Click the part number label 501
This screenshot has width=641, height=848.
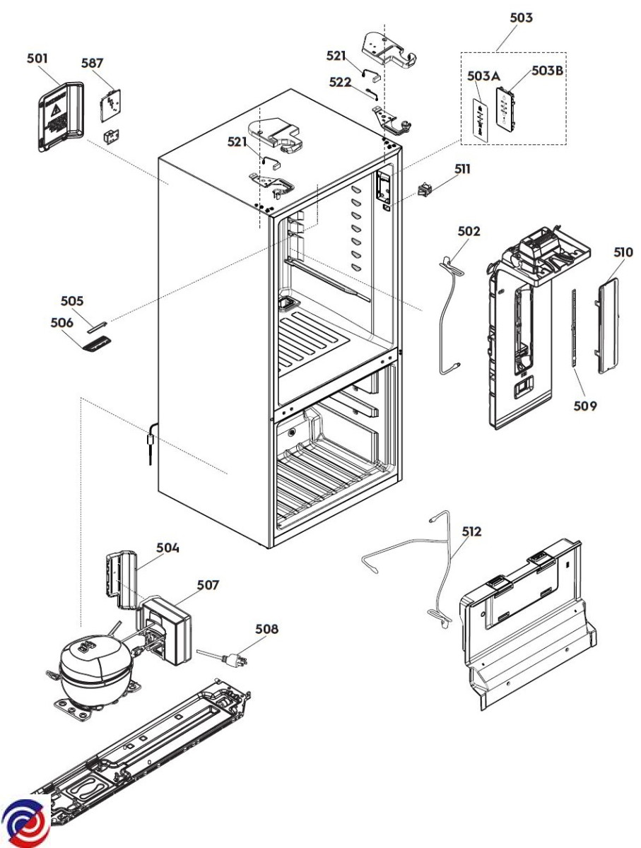pos(37,59)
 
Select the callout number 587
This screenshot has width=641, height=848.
pos(92,63)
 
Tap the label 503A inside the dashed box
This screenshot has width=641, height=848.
pos(483,76)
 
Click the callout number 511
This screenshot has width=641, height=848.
pos(462,169)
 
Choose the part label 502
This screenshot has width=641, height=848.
pos(469,231)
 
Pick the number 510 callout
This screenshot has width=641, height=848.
pos(623,252)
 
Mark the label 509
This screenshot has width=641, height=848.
pos(585,406)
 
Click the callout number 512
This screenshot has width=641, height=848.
pos(471,531)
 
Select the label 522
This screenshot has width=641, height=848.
pos(340,82)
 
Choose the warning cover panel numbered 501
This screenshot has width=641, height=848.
pos(61,117)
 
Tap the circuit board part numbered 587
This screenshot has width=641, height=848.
pos(110,105)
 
